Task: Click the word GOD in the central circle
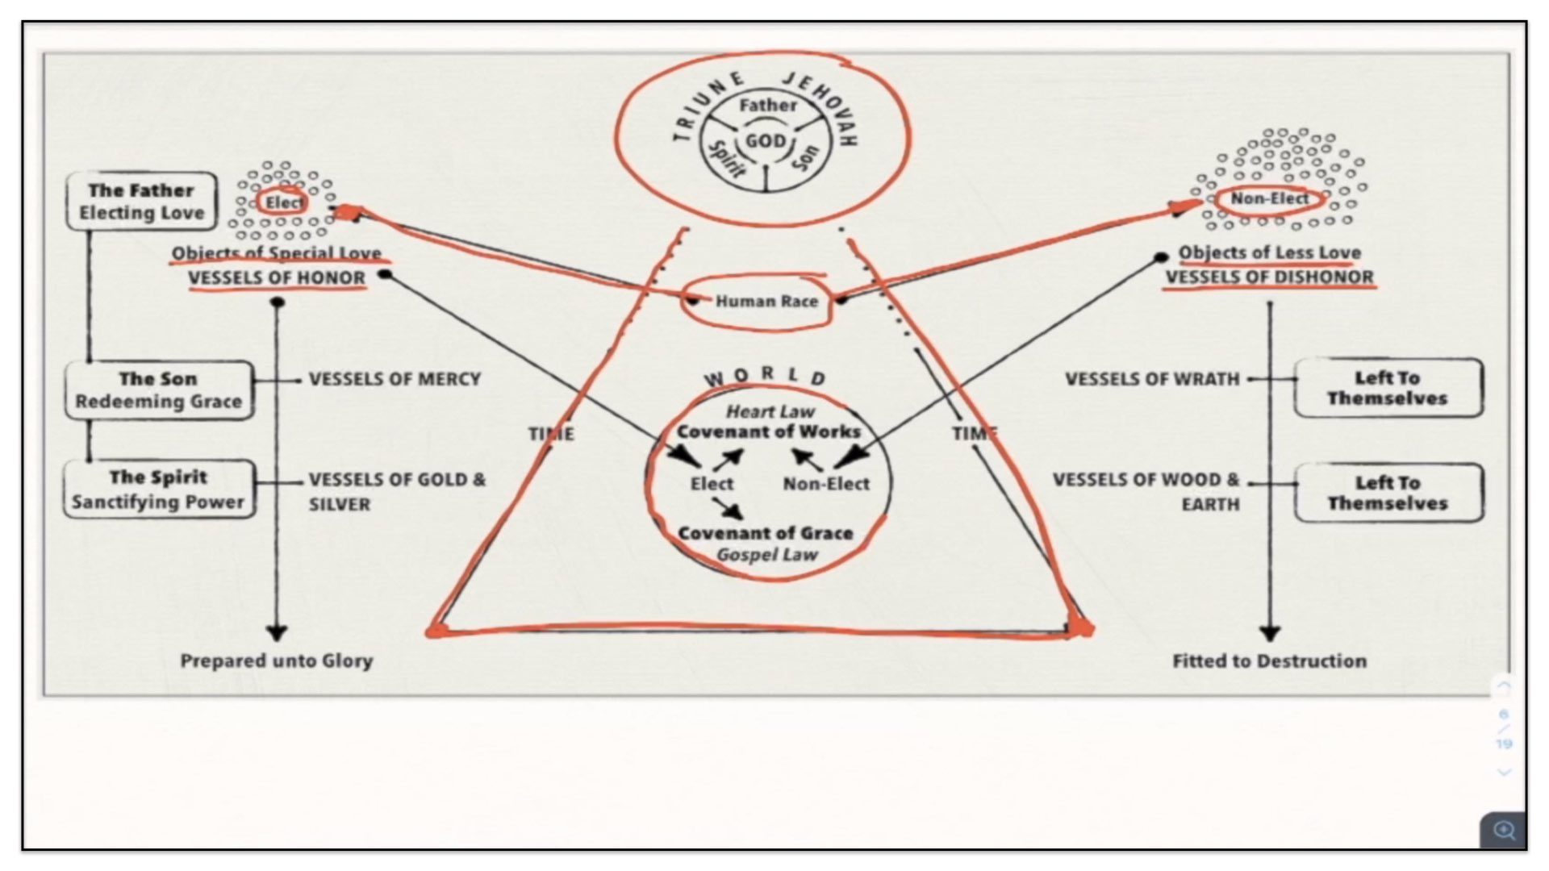coord(765,141)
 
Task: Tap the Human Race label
coord(766,302)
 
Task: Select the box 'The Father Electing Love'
coord(141,202)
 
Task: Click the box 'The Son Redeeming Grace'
coord(159,390)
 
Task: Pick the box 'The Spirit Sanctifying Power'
coord(159,490)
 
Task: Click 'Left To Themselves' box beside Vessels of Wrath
coord(1388,388)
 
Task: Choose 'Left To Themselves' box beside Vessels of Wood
coord(1388,493)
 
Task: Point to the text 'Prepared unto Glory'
coord(276,661)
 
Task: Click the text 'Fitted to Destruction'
coord(1269,661)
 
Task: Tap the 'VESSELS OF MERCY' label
coord(395,379)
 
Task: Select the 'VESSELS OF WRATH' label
coord(1152,379)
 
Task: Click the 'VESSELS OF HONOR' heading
coord(276,278)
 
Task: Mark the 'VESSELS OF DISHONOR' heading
coord(1269,277)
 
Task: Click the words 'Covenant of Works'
coord(768,431)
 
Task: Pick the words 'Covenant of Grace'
coord(765,533)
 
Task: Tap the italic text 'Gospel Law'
coord(766,555)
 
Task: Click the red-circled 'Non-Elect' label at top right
coord(1269,198)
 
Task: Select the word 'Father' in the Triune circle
coord(767,105)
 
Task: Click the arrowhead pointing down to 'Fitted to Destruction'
coord(1270,633)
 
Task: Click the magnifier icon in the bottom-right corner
coord(1504,830)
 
